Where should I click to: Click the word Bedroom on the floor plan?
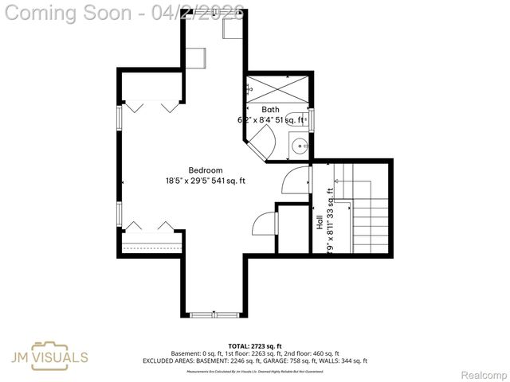(x=206, y=170)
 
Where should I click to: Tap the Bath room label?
(x=270, y=110)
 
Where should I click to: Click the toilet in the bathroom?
(x=294, y=119)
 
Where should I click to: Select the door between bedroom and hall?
(x=295, y=180)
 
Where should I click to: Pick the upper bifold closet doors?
(x=152, y=105)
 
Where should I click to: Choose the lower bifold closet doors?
(x=152, y=227)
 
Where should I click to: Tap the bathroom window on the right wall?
(x=311, y=119)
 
